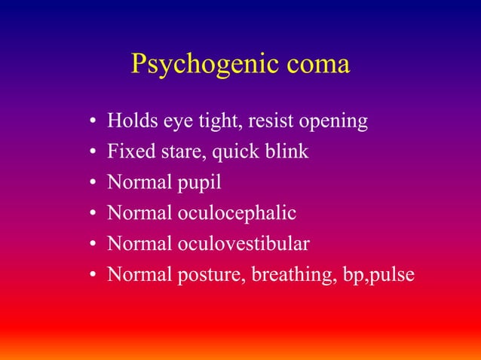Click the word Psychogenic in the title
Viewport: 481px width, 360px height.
coord(201,65)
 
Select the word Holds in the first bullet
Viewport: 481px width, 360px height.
coord(130,121)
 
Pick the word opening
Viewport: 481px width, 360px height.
coord(334,122)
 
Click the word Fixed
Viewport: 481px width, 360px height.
coord(129,151)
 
